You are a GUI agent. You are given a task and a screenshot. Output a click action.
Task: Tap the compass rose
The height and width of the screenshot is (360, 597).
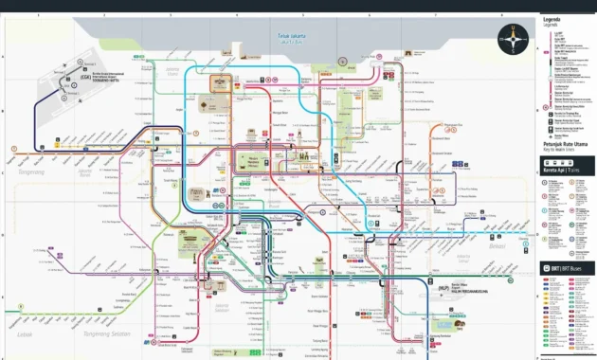513,38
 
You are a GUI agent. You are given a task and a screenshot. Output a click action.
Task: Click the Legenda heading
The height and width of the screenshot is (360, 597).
552,19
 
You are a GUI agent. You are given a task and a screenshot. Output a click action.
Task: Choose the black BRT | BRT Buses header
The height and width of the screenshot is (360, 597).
567,269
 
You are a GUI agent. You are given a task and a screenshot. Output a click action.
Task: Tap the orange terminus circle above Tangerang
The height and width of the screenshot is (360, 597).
15,148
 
